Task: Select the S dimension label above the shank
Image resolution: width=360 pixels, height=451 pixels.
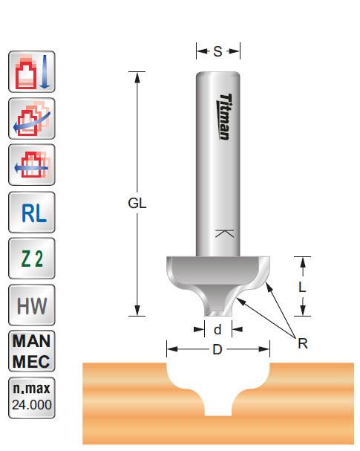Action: [217, 51]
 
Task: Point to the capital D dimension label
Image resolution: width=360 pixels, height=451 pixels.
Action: [217, 349]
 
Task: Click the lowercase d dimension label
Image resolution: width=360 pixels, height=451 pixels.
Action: [217, 329]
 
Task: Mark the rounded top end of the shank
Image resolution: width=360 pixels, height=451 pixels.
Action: [217, 74]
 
